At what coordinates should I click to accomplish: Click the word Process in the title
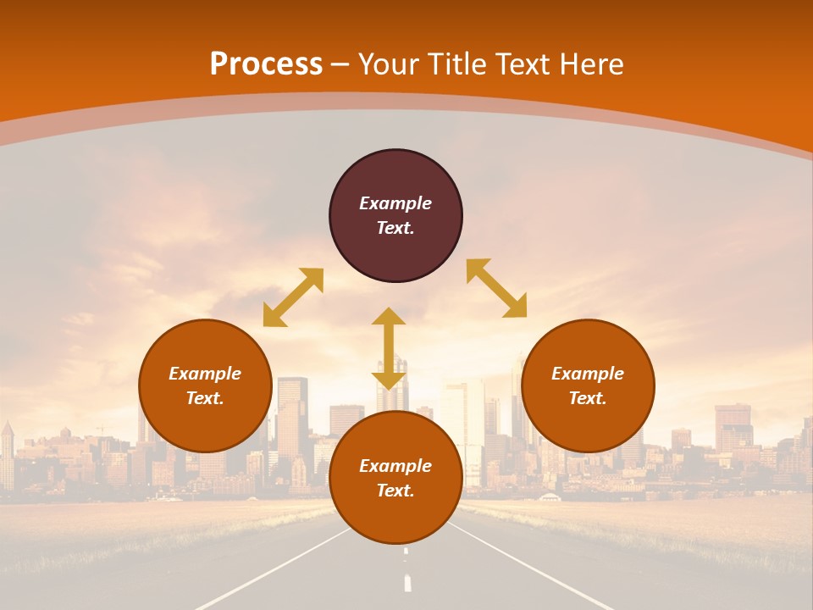click(266, 64)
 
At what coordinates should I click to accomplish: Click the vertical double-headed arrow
click(389, 348)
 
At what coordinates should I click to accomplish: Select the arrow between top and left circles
click(293, 297)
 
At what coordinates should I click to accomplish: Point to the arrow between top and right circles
click(496, 288)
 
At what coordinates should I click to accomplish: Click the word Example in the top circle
click(395, 203)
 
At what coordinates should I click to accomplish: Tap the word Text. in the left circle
click(205, 398)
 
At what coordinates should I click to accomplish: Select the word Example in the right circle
click(588, 374)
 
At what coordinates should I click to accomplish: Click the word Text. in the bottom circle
click(395, 491)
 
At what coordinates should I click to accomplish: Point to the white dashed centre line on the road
click(407, 583)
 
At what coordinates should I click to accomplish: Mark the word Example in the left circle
click(205, 374)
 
